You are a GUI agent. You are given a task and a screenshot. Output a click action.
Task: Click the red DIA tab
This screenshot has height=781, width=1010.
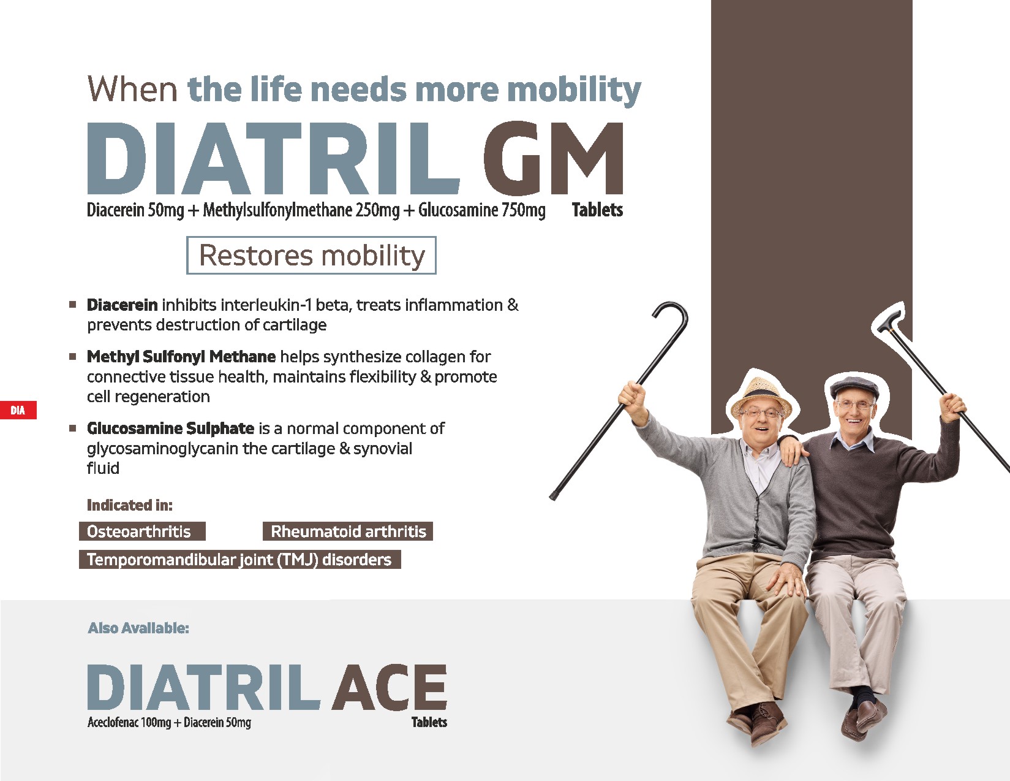click(x=18, y=410)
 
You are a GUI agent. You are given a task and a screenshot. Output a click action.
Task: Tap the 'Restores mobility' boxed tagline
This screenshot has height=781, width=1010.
click(x=311, y=256)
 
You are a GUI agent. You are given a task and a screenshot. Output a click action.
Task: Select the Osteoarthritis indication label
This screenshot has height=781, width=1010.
click(x=142, y=531)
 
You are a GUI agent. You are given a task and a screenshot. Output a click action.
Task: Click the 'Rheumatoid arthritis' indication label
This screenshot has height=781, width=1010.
click(x=348, y=531)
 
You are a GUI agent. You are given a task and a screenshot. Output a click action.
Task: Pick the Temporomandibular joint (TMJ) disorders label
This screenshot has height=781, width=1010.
click(x=240, y=559)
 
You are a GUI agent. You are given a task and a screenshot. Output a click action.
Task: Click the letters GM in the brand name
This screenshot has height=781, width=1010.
click(x=553, y=158)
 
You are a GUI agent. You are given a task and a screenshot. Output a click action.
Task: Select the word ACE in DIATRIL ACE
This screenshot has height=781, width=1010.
click(x=389, y=687)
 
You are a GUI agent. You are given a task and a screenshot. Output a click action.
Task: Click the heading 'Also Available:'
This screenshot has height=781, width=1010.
click(x=138, y=628)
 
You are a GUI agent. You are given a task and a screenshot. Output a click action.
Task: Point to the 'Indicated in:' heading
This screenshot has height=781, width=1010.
click(x=130, y=505)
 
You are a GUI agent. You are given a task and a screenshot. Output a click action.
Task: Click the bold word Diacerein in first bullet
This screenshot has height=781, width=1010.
click(x=122, y=305)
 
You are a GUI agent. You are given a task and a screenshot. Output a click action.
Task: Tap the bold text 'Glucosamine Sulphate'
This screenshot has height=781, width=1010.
click(x=171, y=428)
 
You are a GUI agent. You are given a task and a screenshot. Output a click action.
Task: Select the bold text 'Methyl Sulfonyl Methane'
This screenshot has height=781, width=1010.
click(x=181, y=357)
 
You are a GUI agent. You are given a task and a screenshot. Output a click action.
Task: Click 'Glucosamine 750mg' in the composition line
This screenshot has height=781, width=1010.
click(x=482, y=210)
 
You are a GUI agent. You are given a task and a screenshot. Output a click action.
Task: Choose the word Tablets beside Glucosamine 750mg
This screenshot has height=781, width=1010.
click(x=597, y=210)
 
